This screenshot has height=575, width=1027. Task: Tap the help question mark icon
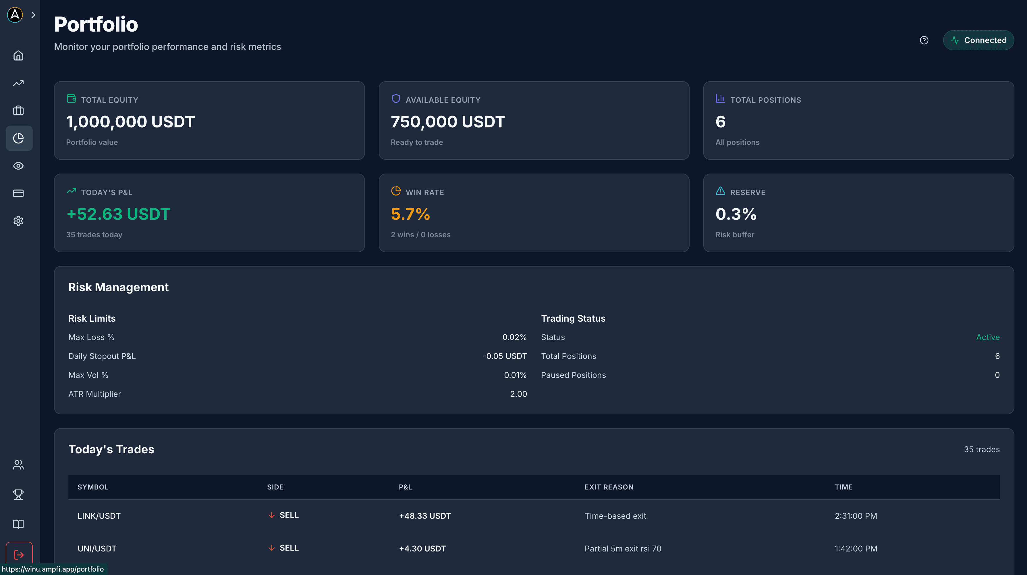tap(924, 40)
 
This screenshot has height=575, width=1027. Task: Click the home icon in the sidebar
tap(18, 55)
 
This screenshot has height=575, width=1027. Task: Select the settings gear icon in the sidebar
tap(18, 221)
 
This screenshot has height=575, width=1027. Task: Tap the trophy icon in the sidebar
tap(18, 494)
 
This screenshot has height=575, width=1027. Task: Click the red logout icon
tap(19, 555)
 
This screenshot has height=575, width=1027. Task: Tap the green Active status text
tap(988, 337)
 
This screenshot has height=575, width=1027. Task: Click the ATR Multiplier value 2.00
tap(518, 394)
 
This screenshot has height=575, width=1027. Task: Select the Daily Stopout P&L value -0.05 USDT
tap(504, 356)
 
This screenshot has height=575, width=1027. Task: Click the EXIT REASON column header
tap(609, 487)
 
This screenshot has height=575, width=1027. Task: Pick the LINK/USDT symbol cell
tap(99, 516)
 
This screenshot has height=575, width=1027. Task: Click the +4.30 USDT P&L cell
tap(422, 548)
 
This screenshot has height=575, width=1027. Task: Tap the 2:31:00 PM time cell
tap(856, 516)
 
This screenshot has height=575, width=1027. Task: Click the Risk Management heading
tap(118, 287)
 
